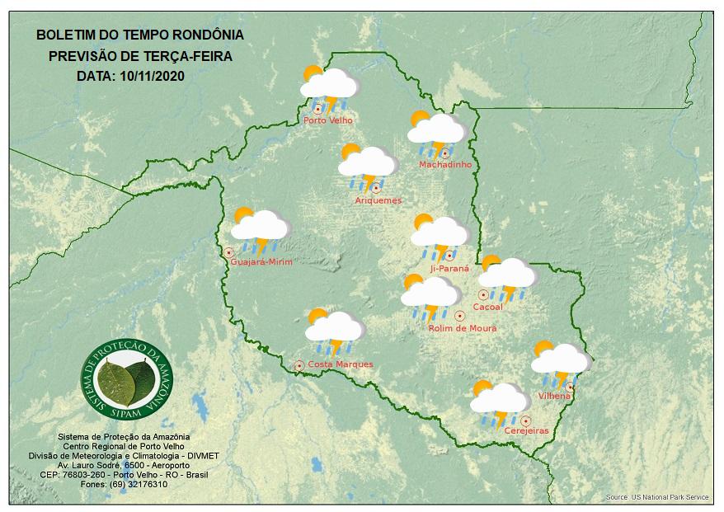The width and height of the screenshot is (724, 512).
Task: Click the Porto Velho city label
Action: point(328,120)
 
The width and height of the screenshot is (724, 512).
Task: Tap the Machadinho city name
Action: point(445,165)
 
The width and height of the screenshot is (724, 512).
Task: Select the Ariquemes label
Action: point(378,200)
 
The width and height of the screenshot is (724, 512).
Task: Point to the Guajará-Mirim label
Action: point(262,261)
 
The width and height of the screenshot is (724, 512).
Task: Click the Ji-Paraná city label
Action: point(449,269)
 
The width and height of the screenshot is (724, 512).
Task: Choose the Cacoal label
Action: point(487,307)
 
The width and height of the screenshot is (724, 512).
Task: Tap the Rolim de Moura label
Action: point(463,328)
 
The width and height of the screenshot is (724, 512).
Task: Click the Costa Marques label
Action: point(341,364)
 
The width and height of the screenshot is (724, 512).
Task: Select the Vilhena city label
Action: point(554,397)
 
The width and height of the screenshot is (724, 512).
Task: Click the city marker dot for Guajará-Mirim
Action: point(228,252)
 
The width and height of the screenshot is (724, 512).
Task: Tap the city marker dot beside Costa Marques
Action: point(299,364)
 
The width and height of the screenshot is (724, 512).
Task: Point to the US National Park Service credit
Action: point(657,498)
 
